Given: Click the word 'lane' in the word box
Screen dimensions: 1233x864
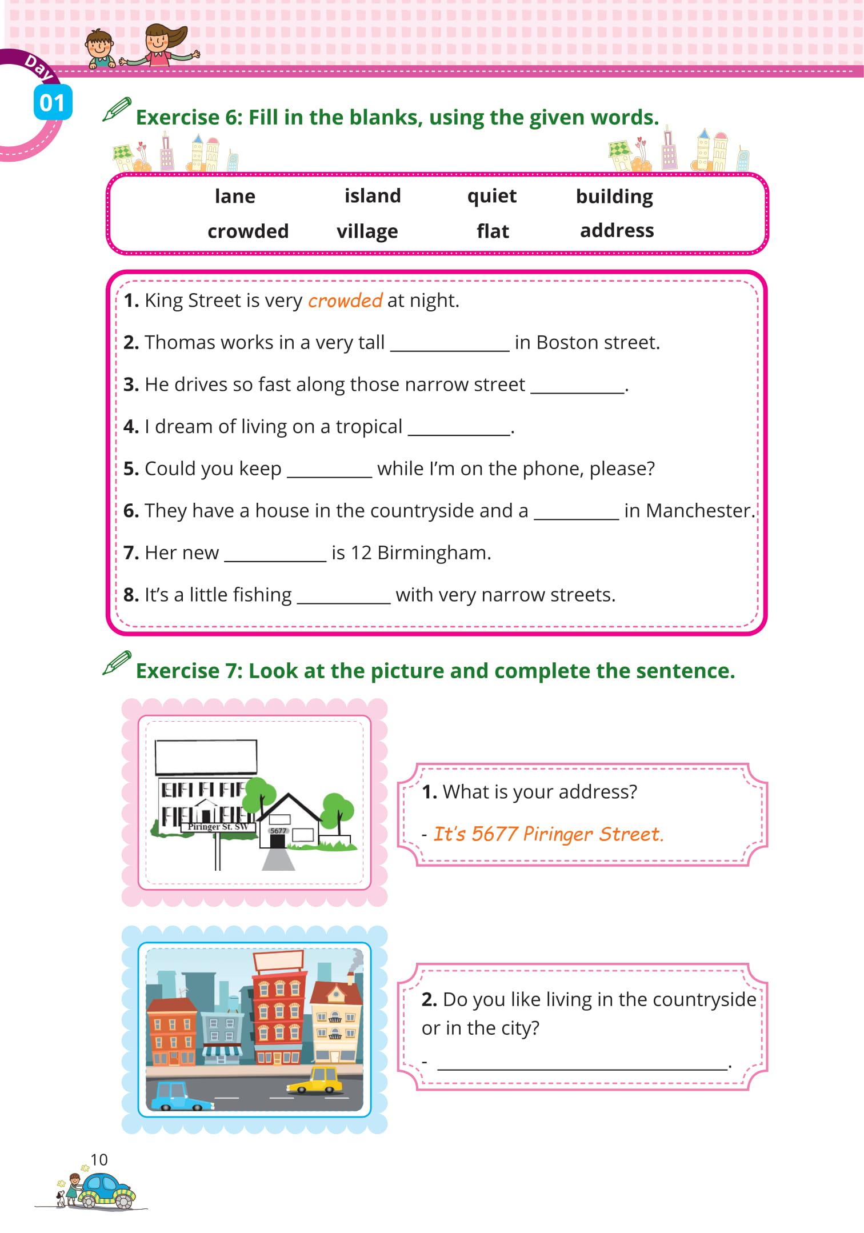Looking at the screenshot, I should (235, 197).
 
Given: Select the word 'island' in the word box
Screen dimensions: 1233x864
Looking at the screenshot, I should (373, 196).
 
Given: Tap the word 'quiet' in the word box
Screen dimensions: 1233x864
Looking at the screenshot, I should (491, 197).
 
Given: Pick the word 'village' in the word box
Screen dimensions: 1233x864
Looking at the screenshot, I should (367, 232).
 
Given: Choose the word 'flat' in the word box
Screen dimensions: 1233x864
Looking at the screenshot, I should (493, 231).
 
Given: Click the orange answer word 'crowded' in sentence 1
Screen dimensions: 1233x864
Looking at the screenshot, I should (345, 301).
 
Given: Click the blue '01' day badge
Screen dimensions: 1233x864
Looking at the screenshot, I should (53, 103).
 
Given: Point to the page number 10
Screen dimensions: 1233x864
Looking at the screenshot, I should (99, 1159).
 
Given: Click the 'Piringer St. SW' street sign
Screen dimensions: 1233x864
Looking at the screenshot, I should (218, 827).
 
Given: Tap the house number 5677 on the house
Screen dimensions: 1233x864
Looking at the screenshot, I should (278, 831).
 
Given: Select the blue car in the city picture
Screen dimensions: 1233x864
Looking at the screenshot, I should (179, 1096).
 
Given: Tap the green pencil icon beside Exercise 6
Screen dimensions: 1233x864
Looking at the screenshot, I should (117, 109).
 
